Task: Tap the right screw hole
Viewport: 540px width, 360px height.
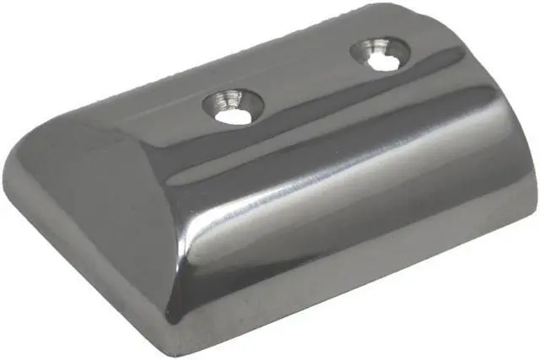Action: point(377,55)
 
